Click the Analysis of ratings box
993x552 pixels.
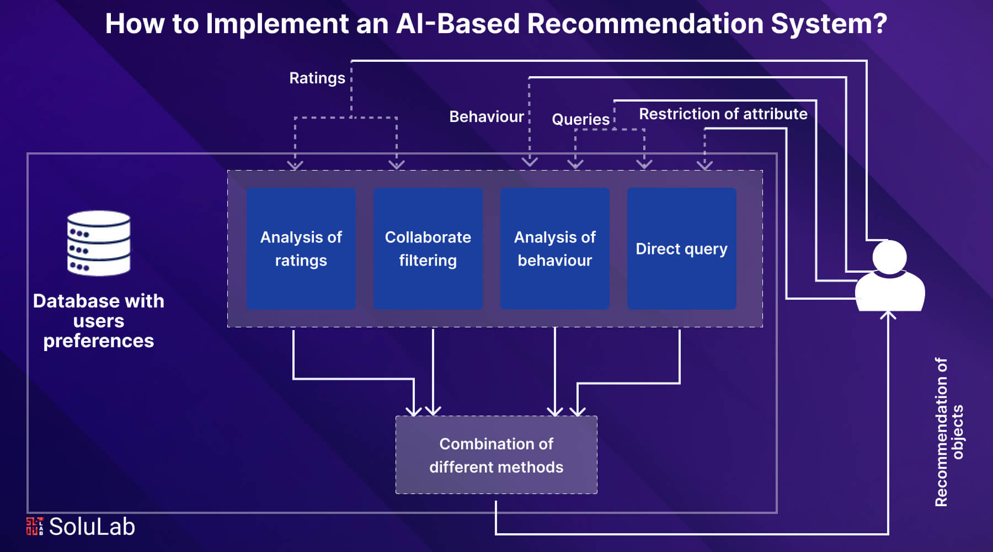(301, 248)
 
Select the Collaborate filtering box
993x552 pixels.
(428, 248)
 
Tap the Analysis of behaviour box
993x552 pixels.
(555, 248)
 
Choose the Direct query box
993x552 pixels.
(682, 248)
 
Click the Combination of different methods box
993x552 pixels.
(496, 455)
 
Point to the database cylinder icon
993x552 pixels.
(99, 243)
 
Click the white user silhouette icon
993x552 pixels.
(889, 275)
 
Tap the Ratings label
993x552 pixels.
(317, 78)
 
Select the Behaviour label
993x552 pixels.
(487, 116)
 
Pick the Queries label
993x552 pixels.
(581, 119)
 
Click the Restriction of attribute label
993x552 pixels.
(723, 114)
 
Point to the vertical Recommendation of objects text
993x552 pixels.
(949, 432)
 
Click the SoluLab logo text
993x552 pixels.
(92, 527)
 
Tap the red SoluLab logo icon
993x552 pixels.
(34, 526)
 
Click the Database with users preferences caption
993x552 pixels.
(99, 321)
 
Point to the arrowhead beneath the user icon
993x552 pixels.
(888, 315)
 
